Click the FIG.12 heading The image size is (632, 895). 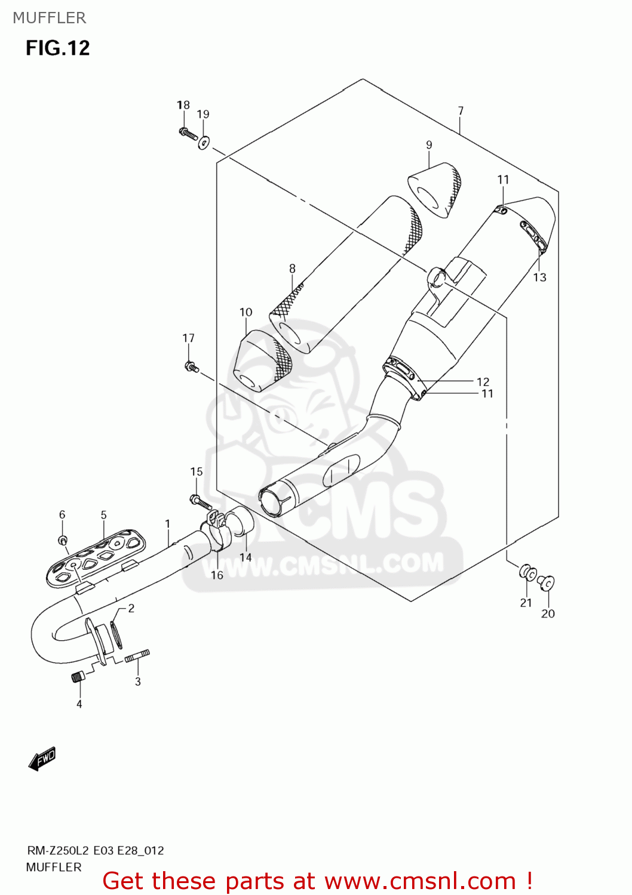tap(57, 48)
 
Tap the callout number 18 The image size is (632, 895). tap(183, 105)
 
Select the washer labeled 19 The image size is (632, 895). tap(204, 142)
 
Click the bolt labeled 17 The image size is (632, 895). tap(191, 366)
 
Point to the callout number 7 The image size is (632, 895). tap(461, 110)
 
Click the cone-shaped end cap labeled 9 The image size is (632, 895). tap(435, 189)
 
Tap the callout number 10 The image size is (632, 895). tap(246, 312)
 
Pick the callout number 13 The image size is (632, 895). tap(539, 277)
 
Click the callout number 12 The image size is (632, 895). tap(483, 381)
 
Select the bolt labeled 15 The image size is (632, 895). tap(200, 502)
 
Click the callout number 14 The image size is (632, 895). tap(246, 557)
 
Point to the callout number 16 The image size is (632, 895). tap(217, 575)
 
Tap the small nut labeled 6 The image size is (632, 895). tap(62, 540)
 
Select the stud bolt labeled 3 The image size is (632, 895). tap(137, 656)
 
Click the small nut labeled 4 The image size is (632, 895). tap(78, 677)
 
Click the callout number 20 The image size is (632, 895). tap(548, 613)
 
